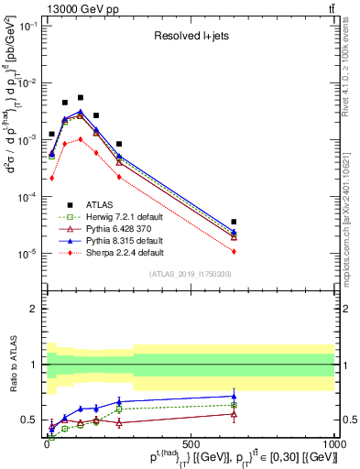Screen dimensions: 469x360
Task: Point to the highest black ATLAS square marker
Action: pos(81,97)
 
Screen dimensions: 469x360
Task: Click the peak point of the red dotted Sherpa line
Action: pos(81,139)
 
